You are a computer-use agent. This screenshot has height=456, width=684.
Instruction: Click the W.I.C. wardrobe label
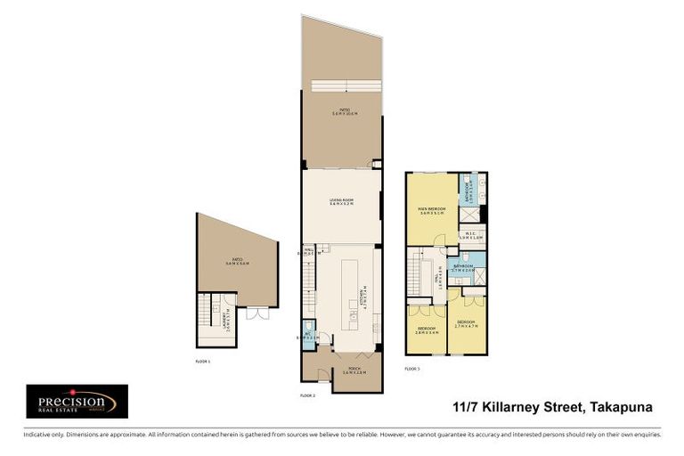click(x=470, y=236)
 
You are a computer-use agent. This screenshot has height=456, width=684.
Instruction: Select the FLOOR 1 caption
click(x=203, y=362)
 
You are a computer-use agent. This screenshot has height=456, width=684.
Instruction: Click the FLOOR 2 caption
click(x=308, y=394)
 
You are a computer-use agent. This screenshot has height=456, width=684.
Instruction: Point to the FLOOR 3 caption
click(x=412, y=368)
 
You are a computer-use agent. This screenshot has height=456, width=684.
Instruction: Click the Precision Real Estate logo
click(x=77, y=402)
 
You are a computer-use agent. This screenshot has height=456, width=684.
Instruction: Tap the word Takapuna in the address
click(x=620, y=407)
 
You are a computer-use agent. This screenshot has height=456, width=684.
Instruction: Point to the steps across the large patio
click(x=342, y=86)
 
